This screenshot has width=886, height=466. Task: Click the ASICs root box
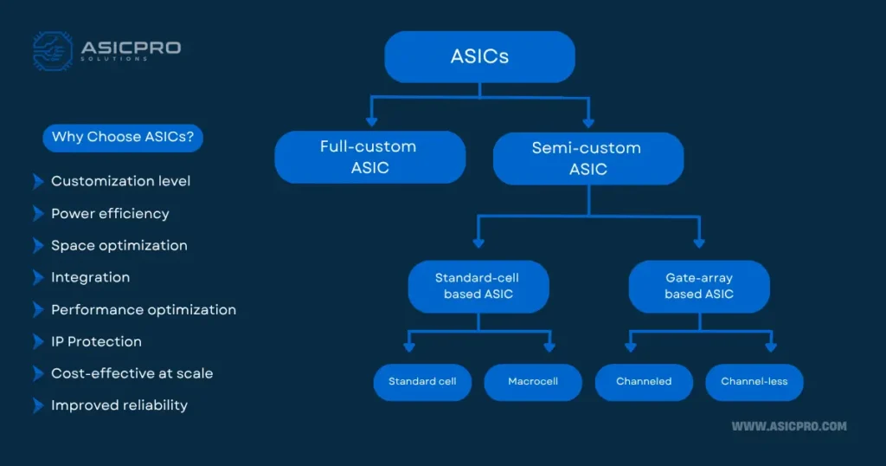coord(479,56)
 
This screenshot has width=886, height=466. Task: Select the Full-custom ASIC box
coord(370,158)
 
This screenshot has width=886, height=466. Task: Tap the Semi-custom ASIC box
coord(588,159)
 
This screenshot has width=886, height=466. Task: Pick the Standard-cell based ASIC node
coord(478,286)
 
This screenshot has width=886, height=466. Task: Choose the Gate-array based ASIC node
coord(699,286)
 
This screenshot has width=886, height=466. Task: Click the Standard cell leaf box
coord(422,382)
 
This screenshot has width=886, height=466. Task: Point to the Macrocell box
coord(533,382)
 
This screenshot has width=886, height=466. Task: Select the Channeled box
coord(644,382)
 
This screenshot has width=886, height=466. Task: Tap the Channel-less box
coord(754,382)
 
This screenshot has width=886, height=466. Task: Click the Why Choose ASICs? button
coord(123,138)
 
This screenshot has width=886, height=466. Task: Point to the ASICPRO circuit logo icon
coord(53,51)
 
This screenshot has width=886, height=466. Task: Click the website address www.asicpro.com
coord(789,426)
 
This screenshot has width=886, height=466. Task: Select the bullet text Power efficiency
coord(110,214)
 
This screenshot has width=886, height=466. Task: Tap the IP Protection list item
coord(97,341)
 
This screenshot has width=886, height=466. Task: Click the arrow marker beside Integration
coord(38,278)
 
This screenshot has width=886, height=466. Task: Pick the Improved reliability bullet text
coord(119,405)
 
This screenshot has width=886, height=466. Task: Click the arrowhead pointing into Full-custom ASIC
coord(371,121)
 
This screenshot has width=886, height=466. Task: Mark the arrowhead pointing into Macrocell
coord(549,346)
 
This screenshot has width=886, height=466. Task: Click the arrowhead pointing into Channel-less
coord(771,346)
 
